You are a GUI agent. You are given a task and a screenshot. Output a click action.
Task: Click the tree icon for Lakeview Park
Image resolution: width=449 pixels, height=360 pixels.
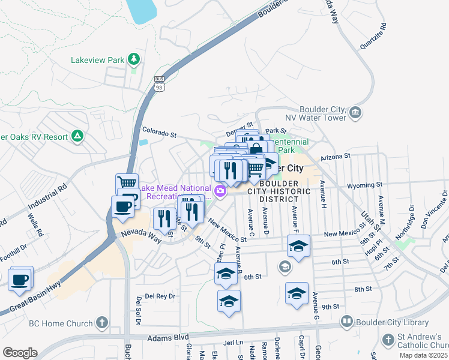click(134, 59)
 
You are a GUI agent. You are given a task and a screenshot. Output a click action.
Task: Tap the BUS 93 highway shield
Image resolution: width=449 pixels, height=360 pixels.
click(159, 83)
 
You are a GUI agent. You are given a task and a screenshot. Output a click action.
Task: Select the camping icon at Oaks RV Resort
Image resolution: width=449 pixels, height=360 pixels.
click(77, 136)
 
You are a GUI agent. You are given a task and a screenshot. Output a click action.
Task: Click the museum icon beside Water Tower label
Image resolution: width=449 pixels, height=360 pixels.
click(355, 112)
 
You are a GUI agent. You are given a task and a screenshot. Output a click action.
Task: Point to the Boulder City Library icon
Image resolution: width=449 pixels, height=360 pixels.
click(346, 322)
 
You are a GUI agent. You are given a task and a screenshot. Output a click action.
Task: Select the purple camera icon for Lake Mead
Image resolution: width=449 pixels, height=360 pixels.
click(221, 191)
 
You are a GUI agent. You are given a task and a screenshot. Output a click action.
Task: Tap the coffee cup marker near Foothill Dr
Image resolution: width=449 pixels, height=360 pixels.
click(20, 279)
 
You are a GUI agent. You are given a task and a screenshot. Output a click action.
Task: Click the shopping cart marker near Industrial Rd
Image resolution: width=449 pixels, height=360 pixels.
click(127, 182)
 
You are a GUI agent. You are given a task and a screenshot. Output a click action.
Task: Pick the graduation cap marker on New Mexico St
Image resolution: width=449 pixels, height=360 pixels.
click(298, 245)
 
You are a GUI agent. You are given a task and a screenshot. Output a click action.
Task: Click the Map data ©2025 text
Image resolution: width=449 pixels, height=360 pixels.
click(423, 355)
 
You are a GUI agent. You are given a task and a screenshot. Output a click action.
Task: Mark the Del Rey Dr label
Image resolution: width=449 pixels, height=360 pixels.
click(155, 296)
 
